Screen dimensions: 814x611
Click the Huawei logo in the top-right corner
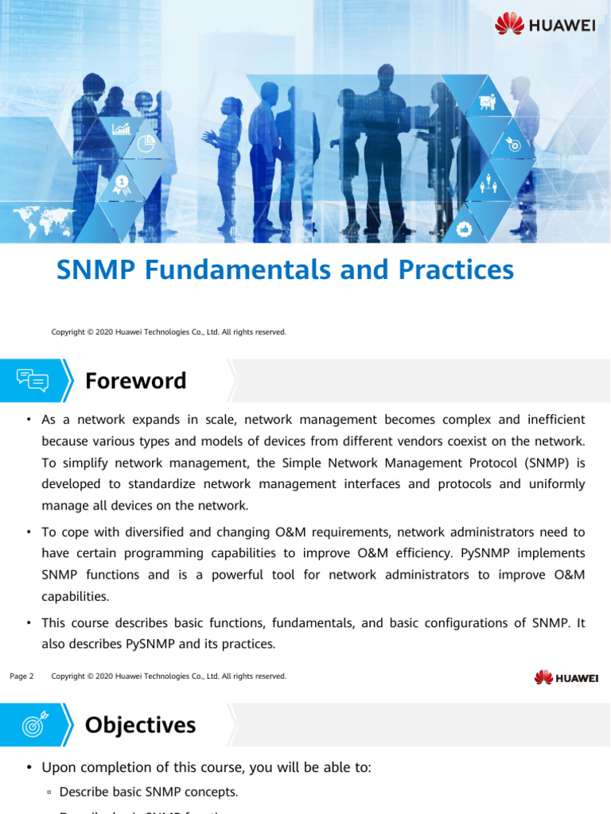coord(545,24)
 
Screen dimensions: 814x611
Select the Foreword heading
coord(135,381)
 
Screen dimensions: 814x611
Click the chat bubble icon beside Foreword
coord(32,381)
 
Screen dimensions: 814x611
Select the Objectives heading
coord(140,724)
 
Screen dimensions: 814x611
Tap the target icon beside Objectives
coord(34,724)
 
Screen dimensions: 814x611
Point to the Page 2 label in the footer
coord(21,676)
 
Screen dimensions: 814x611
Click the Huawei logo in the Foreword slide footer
coord(566,677)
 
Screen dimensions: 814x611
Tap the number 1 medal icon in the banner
coord(122,184)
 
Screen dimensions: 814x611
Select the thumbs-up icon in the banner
coord(465,229)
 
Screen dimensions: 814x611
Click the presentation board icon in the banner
coord(487,103)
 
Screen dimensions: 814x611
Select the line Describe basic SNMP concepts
coord(148,792)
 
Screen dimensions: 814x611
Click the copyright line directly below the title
coord(169,331)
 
